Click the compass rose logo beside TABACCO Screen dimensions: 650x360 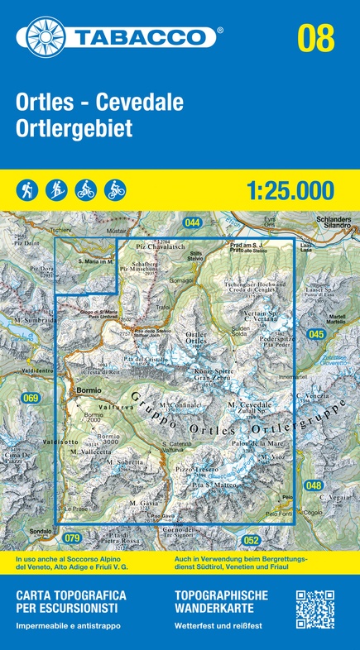[52, 37]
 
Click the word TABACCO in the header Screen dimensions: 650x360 [146, 37]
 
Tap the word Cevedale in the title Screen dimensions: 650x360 [140, 104]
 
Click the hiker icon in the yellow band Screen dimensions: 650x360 [26, 190]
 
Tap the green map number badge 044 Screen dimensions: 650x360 [193, 222]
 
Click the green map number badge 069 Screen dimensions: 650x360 [31, 399]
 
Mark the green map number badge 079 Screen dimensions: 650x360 [72, 538]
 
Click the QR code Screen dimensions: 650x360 [314, 609]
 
